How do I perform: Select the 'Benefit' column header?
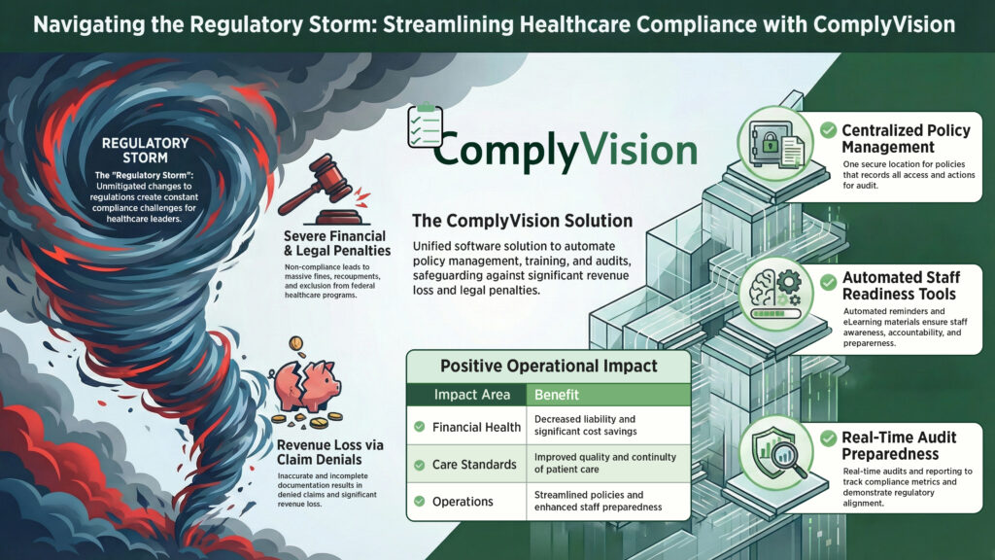point(557,396)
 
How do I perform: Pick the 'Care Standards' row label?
point(474,464)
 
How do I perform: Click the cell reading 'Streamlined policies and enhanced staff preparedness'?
point(597,502)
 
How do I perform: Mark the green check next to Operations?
point(419,502)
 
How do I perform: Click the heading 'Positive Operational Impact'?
point(548,366)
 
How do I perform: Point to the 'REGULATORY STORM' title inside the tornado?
point(146,150)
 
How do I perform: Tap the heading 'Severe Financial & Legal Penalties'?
point(334,243)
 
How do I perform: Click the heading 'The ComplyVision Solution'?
point(522,221)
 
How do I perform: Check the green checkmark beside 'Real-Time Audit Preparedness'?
point(829,436)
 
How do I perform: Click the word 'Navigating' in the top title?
point(88,23)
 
